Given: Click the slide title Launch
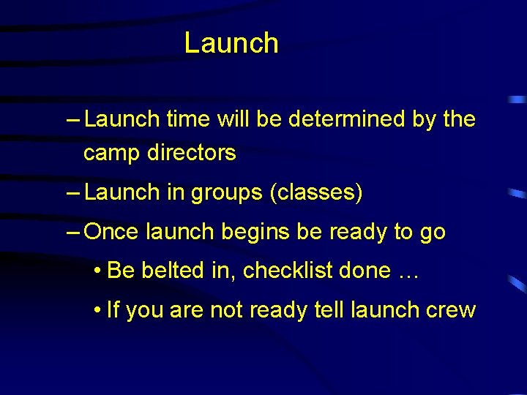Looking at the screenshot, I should coord(231,43).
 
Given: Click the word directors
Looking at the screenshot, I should coord(192,153).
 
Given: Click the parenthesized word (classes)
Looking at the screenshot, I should coord(316,192).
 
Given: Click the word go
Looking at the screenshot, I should coord(432,232).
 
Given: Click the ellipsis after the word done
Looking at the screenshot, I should coord(407,271).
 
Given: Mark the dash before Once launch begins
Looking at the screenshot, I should coord(73,233).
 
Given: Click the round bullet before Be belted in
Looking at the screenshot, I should coord(97,271).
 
